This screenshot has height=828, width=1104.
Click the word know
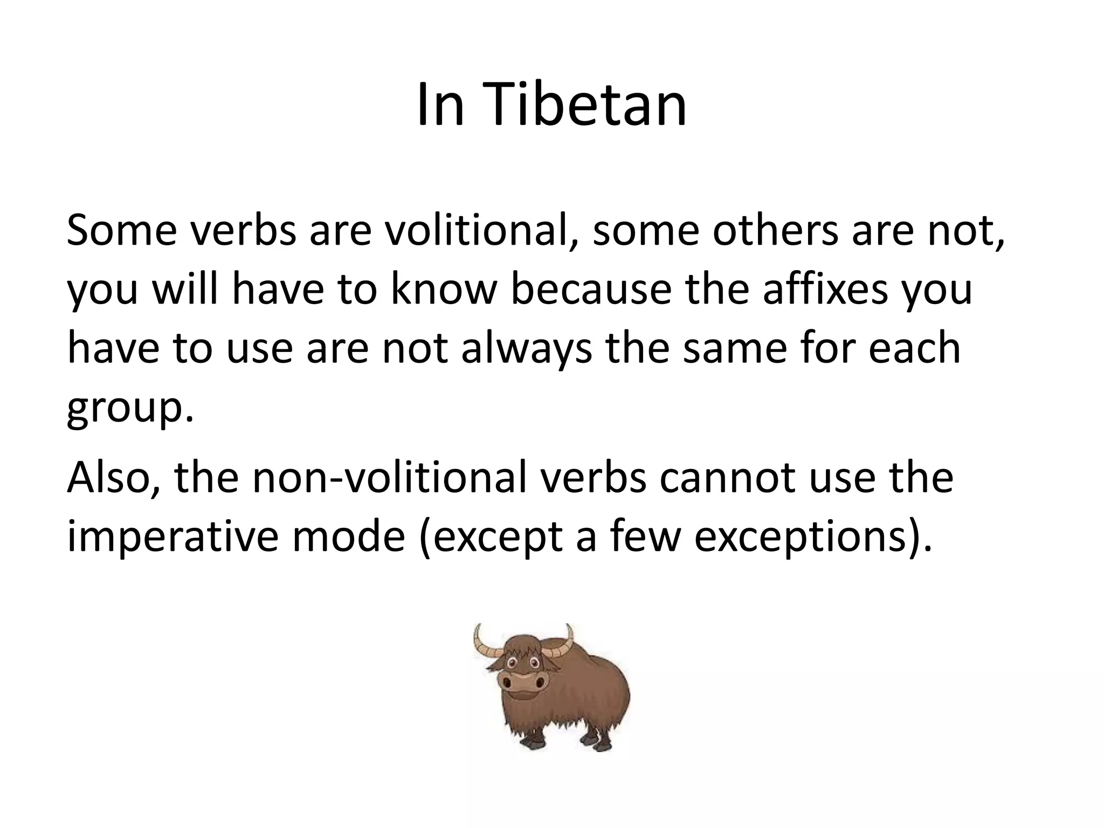[x=443, y=290]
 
